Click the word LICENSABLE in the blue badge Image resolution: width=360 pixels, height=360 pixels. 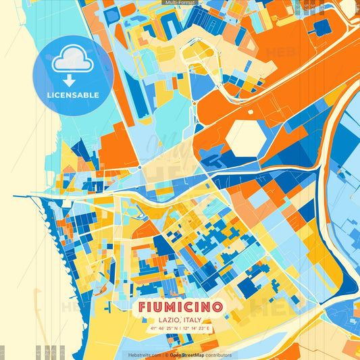click(72, 95)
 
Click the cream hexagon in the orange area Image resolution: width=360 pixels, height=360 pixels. click(247, 137)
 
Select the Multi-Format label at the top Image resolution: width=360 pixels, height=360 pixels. click(180, 3)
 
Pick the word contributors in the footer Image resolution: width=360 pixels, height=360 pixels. click(218, 355)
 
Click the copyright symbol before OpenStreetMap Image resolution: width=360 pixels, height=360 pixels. click(166, 355)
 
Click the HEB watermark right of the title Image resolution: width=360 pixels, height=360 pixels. click(270, 307)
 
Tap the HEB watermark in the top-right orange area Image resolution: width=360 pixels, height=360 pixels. click(280, 53)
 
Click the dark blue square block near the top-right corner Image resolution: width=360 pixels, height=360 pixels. click(322, 27)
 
